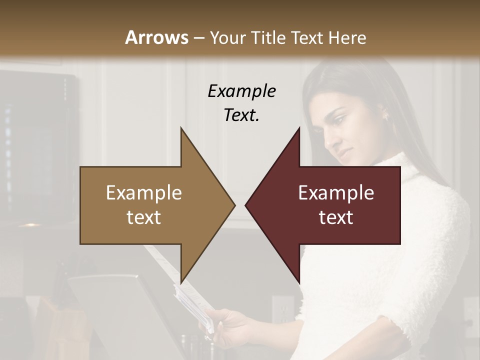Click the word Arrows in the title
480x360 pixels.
(x=156, y=37)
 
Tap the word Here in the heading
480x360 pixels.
(x=346, y=37)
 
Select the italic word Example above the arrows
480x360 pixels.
(x=241, y=91)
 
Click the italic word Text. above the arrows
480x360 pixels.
(x=241, y=115)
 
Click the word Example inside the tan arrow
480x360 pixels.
(x=144, y=192)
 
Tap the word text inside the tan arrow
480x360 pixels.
(x=144, y=217)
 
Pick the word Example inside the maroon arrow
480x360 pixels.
(x=336, y=192)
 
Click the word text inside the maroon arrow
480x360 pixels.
(x=336, y=217)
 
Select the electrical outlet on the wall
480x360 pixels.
(x=283, y=310)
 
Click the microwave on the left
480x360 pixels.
(x=37, y=145)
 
